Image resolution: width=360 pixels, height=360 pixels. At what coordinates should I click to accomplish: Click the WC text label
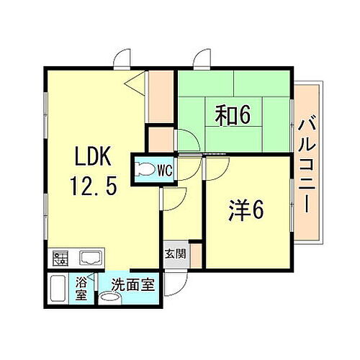click(164, 171)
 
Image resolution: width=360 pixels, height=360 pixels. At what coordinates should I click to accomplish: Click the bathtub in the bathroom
click(62, 289)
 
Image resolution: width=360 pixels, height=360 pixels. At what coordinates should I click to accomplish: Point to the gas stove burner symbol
click(59, 257)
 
